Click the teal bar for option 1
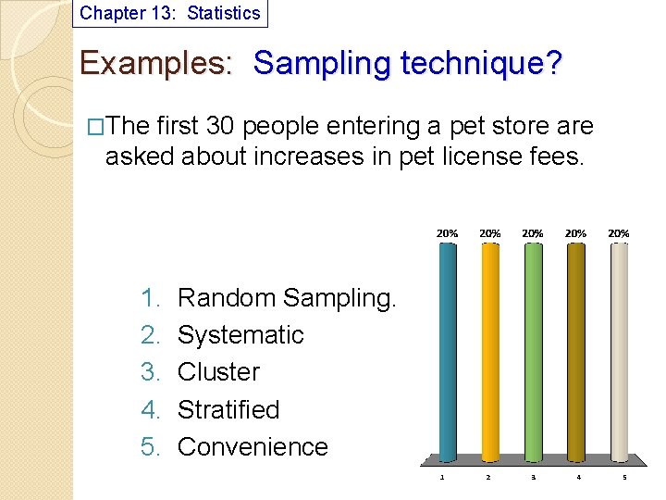point(447,352)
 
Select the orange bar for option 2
point(489,352)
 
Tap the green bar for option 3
point(533,352)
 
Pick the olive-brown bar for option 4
point(575,352)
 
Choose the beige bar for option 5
point(619,352)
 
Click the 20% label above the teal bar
point(447,233)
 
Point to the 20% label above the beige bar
point(619,233)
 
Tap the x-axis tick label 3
point(533,478)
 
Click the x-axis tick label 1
point(442,478)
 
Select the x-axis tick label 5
point(623,478)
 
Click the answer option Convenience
point(253,446)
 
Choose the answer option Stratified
point(228,409)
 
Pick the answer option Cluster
point(218,372)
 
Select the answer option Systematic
point(240,335)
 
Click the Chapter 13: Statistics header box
point(170,13)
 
